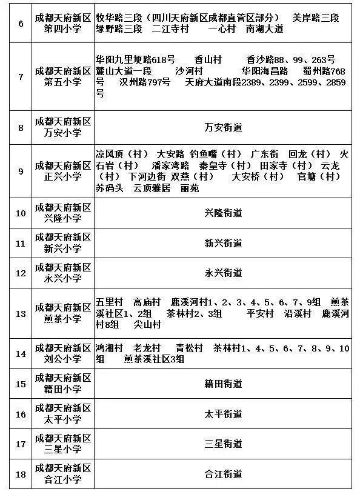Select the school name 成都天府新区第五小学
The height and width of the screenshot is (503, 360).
[x=63, y=76]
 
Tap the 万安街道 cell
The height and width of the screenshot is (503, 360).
[x=223, y=127]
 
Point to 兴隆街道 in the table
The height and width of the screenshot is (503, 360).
[x=223, y=213]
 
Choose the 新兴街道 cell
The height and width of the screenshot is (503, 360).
[x=223, y=243]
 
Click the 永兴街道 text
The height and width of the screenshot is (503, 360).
[x=223, y=273]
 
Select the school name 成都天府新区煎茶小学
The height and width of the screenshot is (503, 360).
[x=63, y=313]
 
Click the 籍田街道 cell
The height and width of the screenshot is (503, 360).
[x=223, y=384]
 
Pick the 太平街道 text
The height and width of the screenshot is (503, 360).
[x=223, y=414]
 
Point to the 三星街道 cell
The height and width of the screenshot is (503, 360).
[x=223, y=444]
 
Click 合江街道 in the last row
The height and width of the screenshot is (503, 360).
[x=223, y=473]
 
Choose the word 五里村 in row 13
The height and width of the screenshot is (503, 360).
[x=110, y=302]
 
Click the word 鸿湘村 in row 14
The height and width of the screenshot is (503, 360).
[x=110, y=348]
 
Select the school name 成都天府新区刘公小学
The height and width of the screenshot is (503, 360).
[x=63, y=354]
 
